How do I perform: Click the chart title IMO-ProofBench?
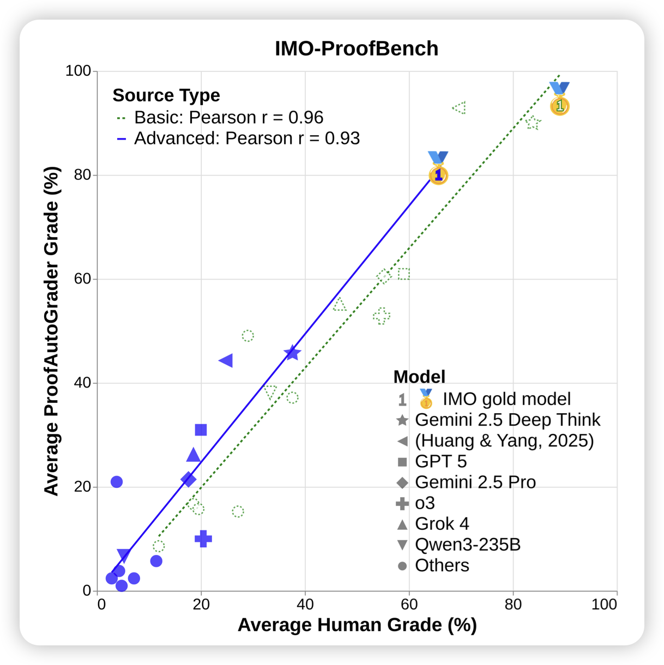pos(357,49)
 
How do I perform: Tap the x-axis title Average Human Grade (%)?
pos(357,625)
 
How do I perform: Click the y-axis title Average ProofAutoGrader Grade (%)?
pos(51,331)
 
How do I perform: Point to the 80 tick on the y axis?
pos(82,175)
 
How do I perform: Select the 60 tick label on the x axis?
pos(409,604)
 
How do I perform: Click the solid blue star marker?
pos(293,353)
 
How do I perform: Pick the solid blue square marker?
pos(201,430)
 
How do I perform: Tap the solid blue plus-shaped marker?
pos(203,539)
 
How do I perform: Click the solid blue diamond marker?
pos(189,480)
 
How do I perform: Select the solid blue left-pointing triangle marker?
pos(226,360)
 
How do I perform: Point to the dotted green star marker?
pos(533,123)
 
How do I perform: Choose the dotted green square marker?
pos(404,274)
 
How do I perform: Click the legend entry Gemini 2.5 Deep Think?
pos(507,420)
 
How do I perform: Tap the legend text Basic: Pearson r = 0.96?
pos(228,118)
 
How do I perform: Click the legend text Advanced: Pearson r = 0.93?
pos(247,138)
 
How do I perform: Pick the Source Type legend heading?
pos(166,95)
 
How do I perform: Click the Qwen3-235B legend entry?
pos(467,545)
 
